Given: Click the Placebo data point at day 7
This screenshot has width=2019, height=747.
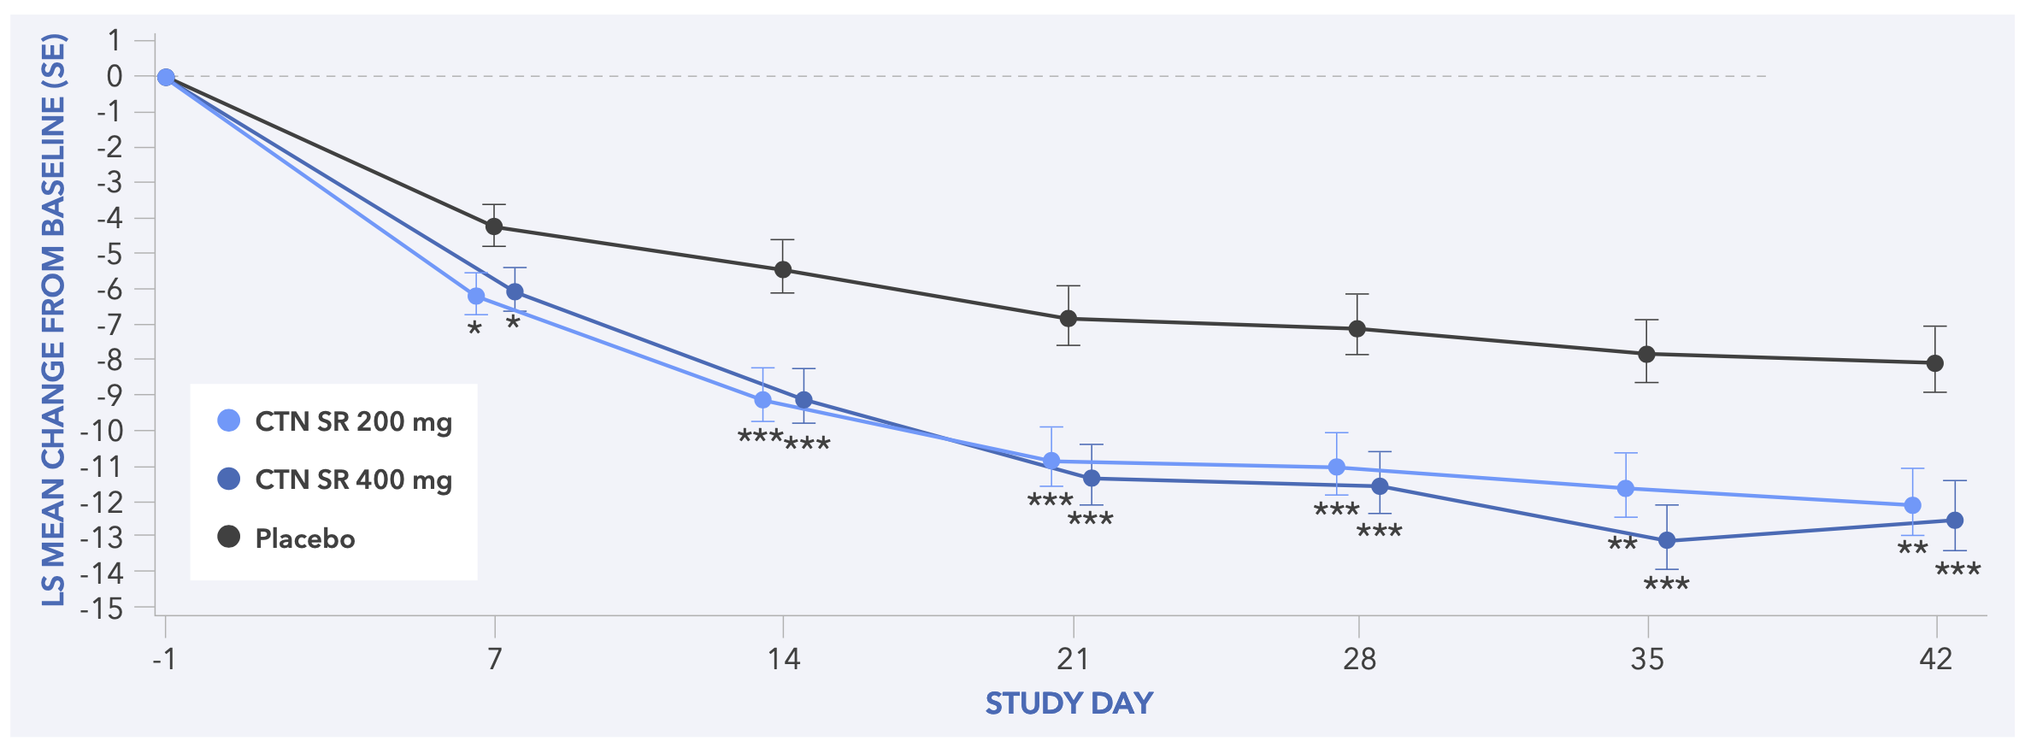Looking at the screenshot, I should click(x=494, y=226).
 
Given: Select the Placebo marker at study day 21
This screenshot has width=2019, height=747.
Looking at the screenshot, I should click(x=1068, y=319).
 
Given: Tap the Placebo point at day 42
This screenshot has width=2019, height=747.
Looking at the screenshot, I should click(x=1935, y=363).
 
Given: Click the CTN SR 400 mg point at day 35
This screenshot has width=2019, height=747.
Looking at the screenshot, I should click(x=1667, y=540).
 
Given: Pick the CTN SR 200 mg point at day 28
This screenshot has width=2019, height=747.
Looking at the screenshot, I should click(x=1337, y=467).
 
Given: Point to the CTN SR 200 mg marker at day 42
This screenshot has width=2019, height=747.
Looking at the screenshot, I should click(x=1913, y=505).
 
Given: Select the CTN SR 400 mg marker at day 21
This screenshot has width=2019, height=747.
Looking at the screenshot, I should click(x=1092, y=478).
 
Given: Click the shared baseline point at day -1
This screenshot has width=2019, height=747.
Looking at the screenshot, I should click(x=166, y=78).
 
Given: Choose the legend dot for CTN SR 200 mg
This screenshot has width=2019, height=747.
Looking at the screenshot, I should click(x=229, y=421).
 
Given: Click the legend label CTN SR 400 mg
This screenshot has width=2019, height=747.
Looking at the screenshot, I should click(x=353, y=479).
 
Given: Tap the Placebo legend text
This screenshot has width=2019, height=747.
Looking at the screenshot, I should click(x=305, y=538).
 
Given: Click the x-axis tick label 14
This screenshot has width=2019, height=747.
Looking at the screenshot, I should click(x=783, y=659).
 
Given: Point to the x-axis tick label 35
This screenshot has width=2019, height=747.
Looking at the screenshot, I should click(x=1647, y=659).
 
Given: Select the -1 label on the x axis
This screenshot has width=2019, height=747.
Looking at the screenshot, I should click(x=164, y=659).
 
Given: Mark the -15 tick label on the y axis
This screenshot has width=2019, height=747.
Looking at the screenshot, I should click(x=102, y=609).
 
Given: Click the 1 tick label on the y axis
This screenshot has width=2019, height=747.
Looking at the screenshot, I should click(x=115, y=40).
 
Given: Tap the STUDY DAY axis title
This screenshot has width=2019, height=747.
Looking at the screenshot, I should click(x=1069, y=703).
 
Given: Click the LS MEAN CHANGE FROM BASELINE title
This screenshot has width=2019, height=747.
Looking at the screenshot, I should click(x=54, y=321).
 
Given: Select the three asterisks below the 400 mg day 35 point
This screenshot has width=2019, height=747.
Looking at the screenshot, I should click(x=1667, y=585).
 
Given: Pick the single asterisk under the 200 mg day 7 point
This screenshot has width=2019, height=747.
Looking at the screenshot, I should click(x=474, y=329).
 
